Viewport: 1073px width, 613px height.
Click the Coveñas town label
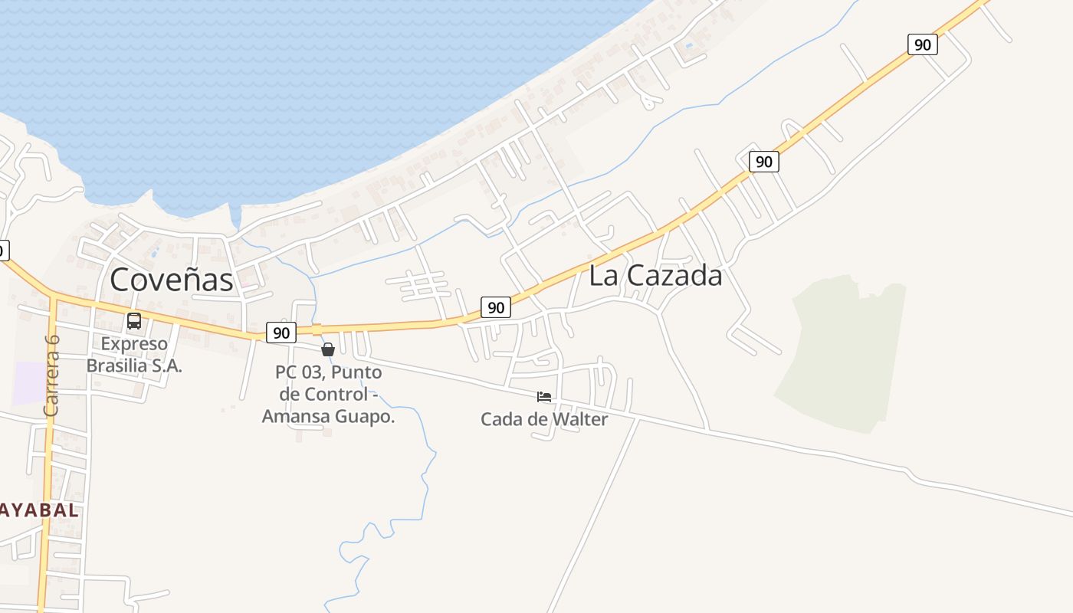(x=171, y=280)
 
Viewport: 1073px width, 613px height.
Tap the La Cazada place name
(x=655, y=276)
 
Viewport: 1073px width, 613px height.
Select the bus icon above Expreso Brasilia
(x=134, y=321)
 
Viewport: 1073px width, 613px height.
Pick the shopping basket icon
(x=328, y=350)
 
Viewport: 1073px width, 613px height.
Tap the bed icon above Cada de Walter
(x=544, y=397)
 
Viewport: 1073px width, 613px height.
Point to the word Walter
(x=579, y=419)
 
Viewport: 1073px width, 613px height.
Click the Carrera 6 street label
(x=51, y=375)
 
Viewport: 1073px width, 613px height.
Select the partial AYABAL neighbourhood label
(x=38, y=510)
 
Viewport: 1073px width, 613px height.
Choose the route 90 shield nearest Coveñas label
(x=281, y=333)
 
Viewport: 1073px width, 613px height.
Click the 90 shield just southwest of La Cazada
(x=496, y=307)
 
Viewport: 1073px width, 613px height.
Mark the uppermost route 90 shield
(x=922, y=44)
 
